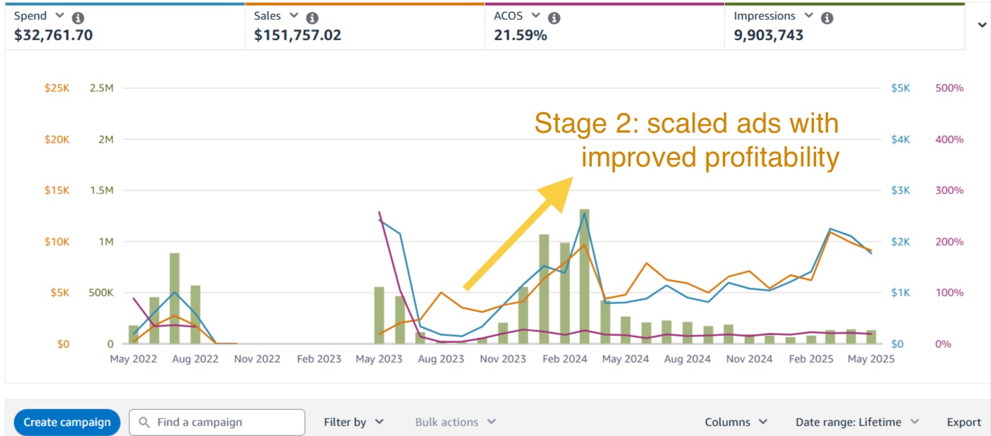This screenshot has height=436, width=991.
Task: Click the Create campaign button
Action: tap(67, 422)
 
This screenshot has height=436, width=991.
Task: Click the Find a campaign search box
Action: tap(217, 422)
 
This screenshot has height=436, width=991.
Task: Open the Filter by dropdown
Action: tap(353, 422)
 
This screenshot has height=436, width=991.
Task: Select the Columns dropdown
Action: tap(736, 422)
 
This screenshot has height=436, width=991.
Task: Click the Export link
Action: tap(963, 422)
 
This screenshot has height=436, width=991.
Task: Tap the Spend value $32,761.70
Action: tap(54, 35)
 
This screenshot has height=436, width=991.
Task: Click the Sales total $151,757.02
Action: tap(298, 35)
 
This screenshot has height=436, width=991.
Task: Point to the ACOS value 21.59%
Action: tap(521, 35)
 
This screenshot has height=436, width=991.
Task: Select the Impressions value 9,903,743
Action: tap(768, 35)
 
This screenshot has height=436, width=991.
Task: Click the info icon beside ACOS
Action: tap(554, 18)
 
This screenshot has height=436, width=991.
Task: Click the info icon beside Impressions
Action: tap(827, 18)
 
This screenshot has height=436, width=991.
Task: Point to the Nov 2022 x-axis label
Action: tap(257, 359)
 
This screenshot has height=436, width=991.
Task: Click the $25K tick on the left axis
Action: tap(58, 88)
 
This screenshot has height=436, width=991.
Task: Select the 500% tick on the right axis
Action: tap(949, 88)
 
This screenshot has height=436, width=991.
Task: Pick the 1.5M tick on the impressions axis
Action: tap(102, 190)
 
